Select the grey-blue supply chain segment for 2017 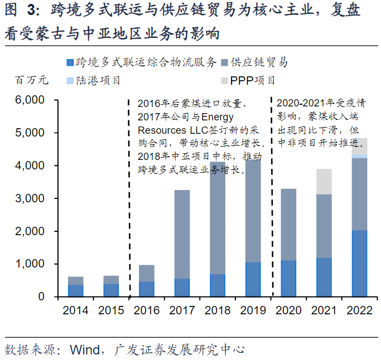pos(182,234)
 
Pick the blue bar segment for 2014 pos(75,290)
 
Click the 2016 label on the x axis pos(146,310)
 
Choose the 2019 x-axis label pos(253,310)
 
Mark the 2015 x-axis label pos(111,310)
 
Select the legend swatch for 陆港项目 pos(69,80)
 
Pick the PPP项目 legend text pos(253,80)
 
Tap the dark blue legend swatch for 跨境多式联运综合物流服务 pos(69,63)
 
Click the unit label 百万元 pos(31,80)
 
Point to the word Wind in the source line pos(84,350)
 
